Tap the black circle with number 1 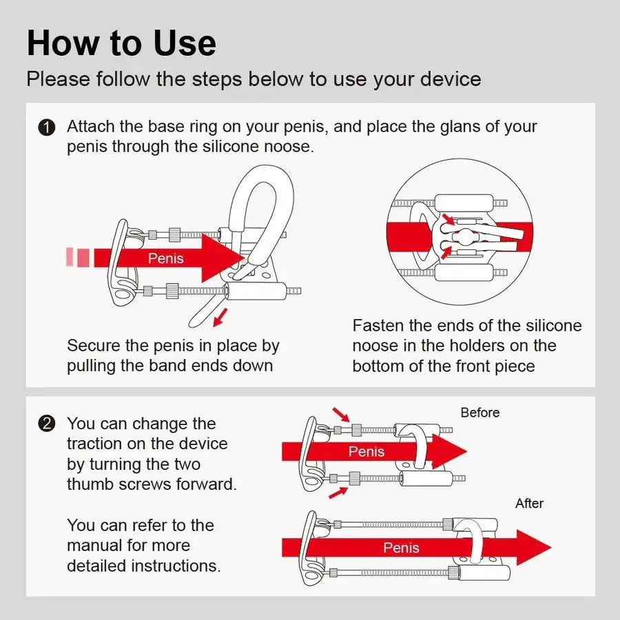coord(46,127)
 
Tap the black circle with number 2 coord(46,424)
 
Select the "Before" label coord(480,413)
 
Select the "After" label coord(529,504)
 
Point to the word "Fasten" coord(380,325)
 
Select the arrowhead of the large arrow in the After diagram coord(535,548)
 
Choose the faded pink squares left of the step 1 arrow coord(78,257)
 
